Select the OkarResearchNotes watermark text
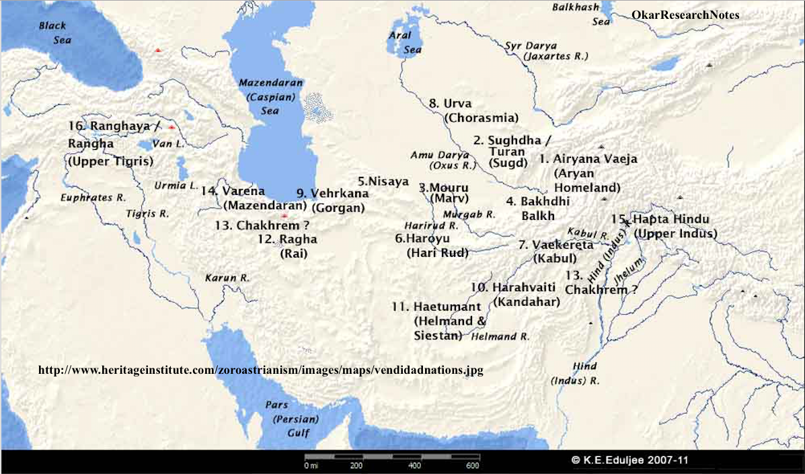point(685,15)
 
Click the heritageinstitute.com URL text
point(261,370)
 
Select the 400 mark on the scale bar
point(414,465)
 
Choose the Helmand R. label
point(501,336)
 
